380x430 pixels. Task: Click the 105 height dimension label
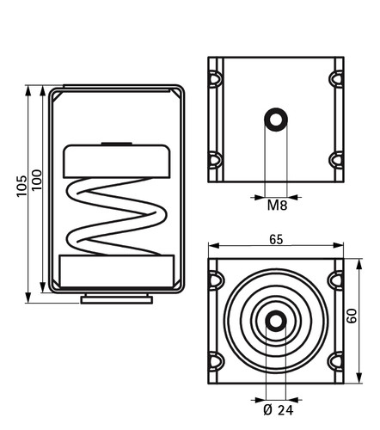(21, 186)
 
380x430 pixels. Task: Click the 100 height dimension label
(37, 180)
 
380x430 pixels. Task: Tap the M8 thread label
(277, 206)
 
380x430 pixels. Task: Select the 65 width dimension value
(276, 239)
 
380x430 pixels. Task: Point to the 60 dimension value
(352, 316)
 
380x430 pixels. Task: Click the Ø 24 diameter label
(278, 410)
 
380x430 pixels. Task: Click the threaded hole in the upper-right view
(276, 120)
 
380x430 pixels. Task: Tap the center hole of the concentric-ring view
(276, 321)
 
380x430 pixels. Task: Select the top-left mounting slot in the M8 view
(215, 78)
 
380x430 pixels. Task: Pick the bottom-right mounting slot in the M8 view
(336, 160)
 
